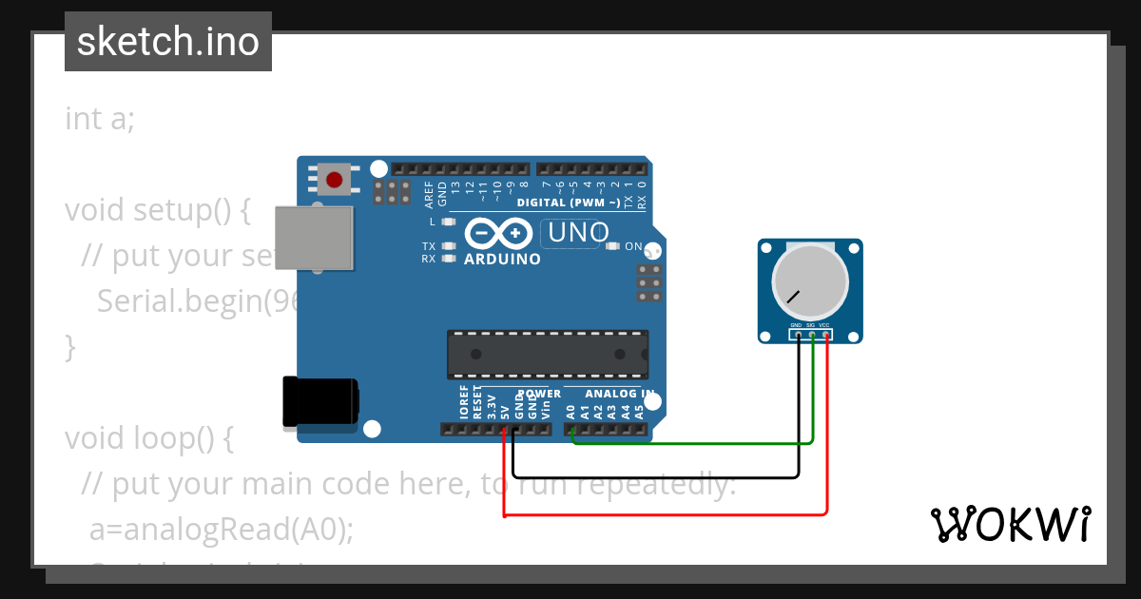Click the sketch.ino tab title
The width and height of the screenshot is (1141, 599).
(x=168, y=42)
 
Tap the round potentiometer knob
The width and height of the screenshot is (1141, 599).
(x=810, y=282)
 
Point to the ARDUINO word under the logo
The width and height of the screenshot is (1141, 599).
(x=502, y=259)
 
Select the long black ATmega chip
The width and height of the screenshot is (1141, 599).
(x=549, y=355)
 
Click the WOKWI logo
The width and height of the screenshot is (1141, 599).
(x=1011, y=524)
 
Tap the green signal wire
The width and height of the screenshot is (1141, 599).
(x=694, y=443)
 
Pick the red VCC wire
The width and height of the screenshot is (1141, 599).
(x=666, y=514)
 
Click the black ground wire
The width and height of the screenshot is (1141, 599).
(x=656, y=475)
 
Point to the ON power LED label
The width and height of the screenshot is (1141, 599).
(x=633, y=246)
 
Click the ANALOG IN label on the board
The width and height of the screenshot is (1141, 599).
(x=619, y=394)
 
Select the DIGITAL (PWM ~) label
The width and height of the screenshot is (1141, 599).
(x=569, y=203)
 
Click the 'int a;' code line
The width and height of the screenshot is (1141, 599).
(x=100, y=119)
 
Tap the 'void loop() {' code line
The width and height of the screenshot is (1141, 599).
(x=148, y=438)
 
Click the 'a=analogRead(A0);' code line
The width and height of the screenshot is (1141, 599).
(x=221, y=530)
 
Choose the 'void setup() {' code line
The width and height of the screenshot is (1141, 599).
(x=157, y=210)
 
